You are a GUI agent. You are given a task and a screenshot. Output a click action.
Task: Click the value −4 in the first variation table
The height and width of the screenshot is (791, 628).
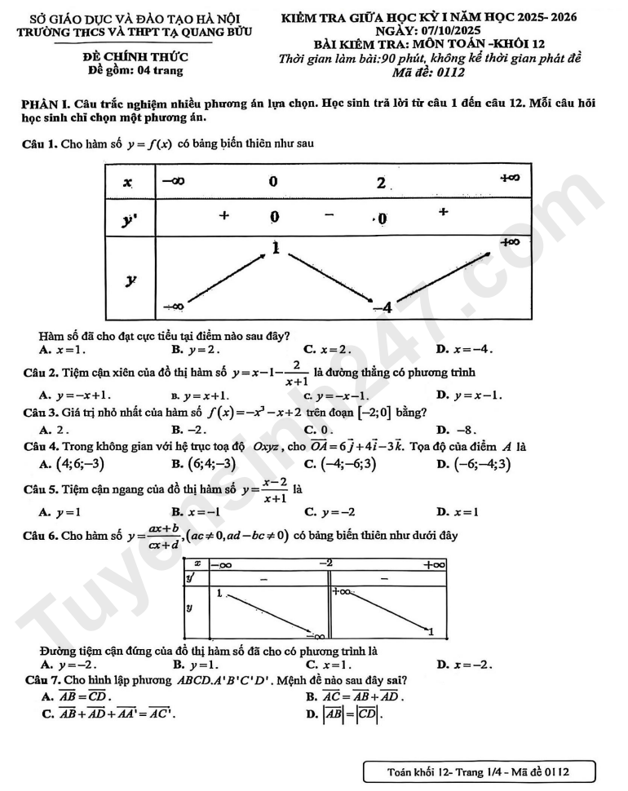coord(383,307)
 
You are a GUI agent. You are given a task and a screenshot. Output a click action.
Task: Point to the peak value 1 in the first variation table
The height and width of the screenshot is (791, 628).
coord(276,246)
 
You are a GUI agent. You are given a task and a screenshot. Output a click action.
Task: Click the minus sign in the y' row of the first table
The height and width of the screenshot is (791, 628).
coord(329,216)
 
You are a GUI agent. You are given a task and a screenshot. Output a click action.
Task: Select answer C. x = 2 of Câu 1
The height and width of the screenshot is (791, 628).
coord(327,350)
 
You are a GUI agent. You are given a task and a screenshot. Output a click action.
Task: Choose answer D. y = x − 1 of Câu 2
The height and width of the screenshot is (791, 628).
coord(469,395)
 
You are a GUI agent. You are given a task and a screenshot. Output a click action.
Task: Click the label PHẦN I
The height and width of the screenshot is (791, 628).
coord(46,106)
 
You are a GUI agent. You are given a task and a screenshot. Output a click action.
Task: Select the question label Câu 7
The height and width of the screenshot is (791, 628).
coord(43,679)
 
